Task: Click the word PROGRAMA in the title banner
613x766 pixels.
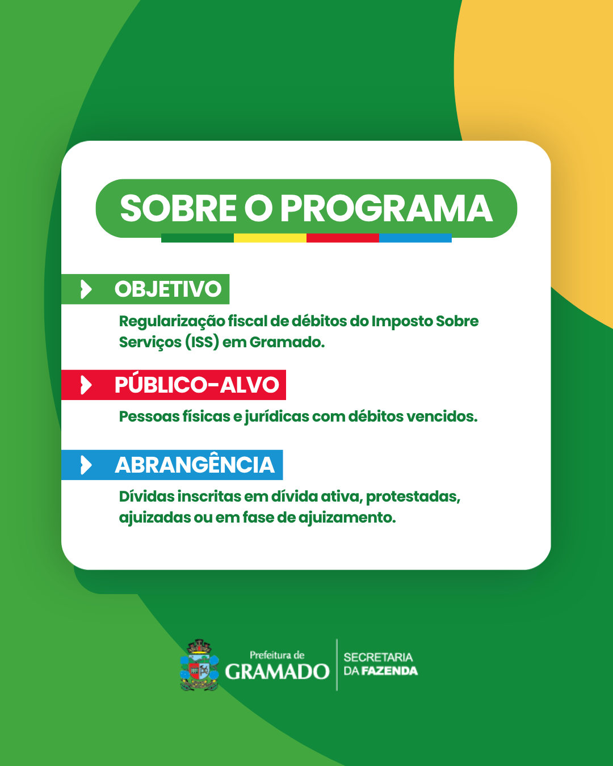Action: coord(387,208)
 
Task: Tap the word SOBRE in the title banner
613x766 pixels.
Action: coord(178,208)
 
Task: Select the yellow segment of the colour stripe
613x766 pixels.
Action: coord(270,238)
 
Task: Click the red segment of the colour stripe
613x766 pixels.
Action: coord(343,238)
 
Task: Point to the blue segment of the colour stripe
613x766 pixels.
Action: coord(415,238)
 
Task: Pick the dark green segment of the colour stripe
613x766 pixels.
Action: coord(198,238)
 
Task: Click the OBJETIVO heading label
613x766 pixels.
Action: coord(168,289)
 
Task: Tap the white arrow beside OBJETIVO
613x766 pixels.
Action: coord(86,289)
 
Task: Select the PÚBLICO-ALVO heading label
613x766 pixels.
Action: coord(196,385)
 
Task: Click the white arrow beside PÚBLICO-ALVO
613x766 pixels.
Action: coord(86,385)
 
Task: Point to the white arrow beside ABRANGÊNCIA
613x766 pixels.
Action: coord(86,465)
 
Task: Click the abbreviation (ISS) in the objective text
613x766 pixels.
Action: coord(202,342)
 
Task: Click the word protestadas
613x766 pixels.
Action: coord(413,497)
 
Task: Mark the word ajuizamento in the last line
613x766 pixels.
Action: coord(347,518)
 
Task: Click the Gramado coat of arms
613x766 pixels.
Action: coord(199,665)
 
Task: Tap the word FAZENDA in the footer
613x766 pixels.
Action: coord(389,671)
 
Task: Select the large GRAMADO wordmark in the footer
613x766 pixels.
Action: coord(277,671)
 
